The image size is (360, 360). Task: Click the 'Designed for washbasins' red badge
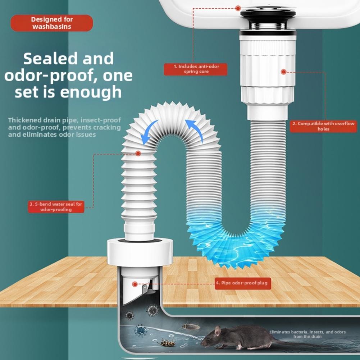[x=51, y=23]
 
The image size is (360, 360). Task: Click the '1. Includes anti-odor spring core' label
[x=196, y=69]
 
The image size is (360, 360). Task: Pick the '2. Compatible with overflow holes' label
[x=323, y=126]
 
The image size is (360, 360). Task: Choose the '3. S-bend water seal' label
[x=56, y=207]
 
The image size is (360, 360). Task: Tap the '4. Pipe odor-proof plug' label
[x=242, y=283]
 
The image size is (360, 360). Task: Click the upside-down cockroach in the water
[x=168, y=343]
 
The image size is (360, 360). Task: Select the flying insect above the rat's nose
[x=191, y=326]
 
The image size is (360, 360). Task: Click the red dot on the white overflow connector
[x=283, y=72]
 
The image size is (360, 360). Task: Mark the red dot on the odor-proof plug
[x=135, y=284]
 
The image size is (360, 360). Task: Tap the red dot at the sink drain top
[x=238, y=8]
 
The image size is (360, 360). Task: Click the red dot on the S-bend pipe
[x=138, y=154]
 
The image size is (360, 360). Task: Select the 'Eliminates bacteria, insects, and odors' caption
[x=307, y=334]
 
